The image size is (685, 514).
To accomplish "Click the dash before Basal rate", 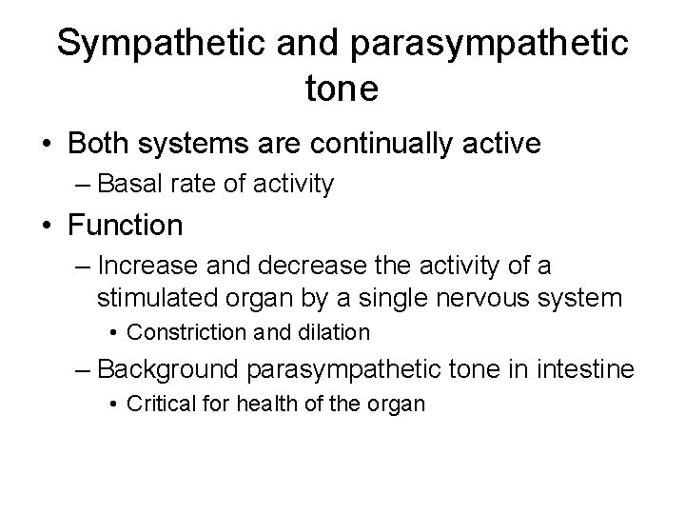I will pos(80,184).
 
